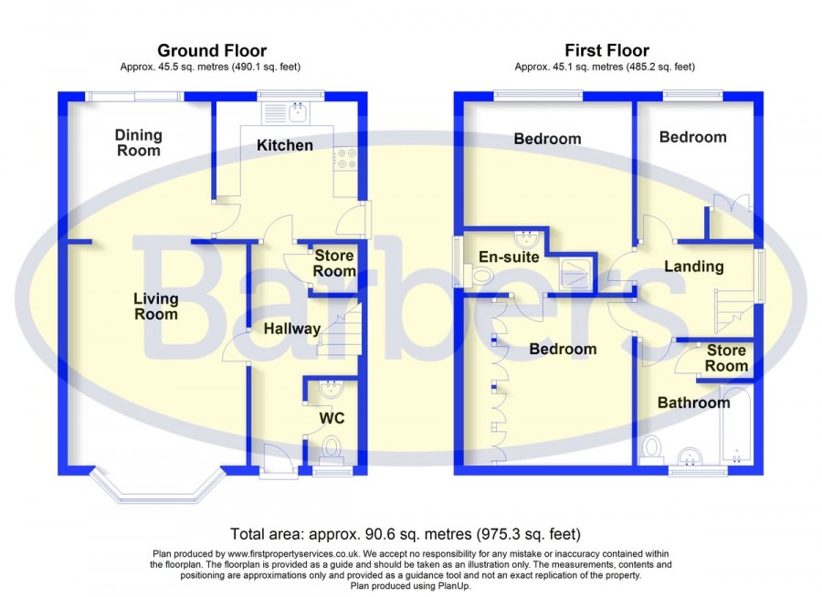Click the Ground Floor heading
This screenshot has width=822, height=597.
tap(212, 50)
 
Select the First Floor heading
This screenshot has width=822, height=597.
tap(606, 50)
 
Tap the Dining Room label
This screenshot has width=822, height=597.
tap(139, 142)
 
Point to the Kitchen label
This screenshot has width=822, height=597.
tap(284, 145)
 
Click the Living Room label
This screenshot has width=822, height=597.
tap(155, 306)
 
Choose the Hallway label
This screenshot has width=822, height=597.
tap(292, 329)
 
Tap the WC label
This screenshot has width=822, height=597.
tap(330, 418)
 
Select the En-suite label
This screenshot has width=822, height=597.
tap(509, 257)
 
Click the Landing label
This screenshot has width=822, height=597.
tap(694, 267)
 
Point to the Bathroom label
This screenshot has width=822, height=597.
tap(694, 402)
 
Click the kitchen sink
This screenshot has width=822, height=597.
tap(297, 113)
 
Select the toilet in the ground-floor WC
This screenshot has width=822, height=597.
tap(331, 448)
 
